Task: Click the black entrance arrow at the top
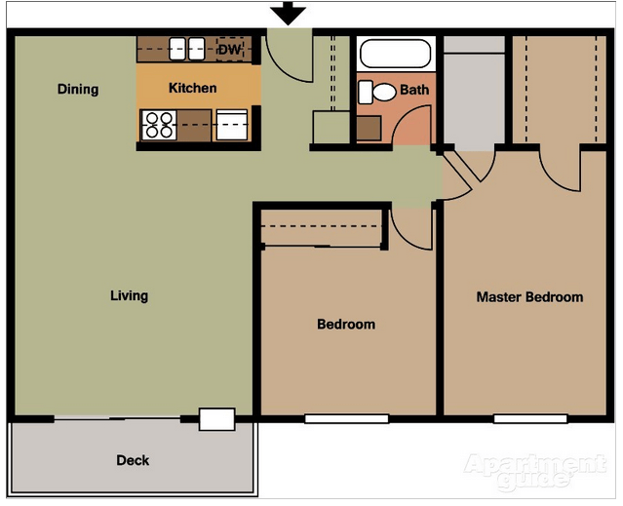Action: point(289,14)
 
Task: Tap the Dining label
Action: point(78,90)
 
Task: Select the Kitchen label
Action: point(193,88)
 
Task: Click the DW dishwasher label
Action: point(230,49)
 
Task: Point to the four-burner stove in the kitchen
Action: point(158,124)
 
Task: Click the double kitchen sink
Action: point(187,49)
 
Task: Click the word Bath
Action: point(414,90)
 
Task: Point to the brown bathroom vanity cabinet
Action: point(370,128)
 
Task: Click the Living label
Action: point(129,295)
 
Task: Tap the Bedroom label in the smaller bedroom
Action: point(346,325)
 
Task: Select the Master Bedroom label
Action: point(529,297)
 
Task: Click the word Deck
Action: point(133,460)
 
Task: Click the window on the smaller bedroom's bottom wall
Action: point(346,419)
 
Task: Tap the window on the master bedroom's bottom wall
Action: point(530,419)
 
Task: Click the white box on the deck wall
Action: point(216,419)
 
